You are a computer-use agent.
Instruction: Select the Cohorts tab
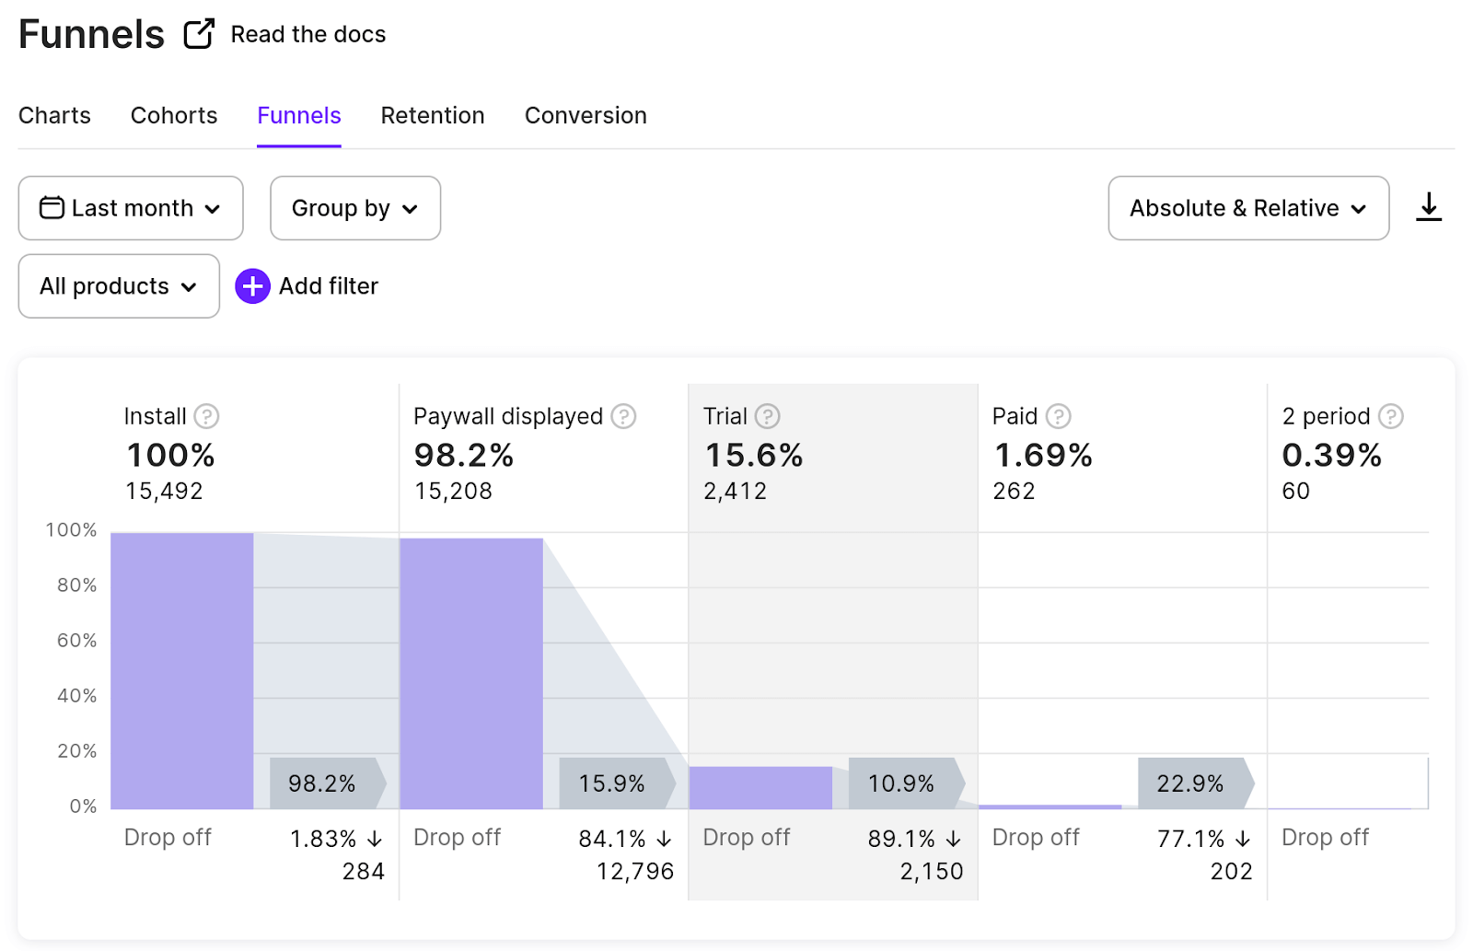click(x=174, y=116)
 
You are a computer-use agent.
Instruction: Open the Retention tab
click(x=432, y=116)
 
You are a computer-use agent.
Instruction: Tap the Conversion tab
click(x=586, y=116)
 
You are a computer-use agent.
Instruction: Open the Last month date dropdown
click(x=131, y=208)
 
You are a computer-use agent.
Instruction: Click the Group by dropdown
click(x=355, y=208)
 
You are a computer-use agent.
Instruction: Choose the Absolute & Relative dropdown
click(x=1248, y=208)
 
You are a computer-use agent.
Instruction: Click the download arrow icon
click(x=1428, y=207)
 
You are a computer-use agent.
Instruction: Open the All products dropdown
click(x=119, y=286)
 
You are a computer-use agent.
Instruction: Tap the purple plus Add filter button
click(x=252, y=286)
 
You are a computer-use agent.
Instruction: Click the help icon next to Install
click(x=206, y=416)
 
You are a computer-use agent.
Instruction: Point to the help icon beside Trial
click(x=768, y=416)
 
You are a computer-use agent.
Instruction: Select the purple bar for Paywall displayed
click(x=471, y=674)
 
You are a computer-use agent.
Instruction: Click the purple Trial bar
click(x=760, y=788)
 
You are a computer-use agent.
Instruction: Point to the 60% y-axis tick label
click(x=76, y=640)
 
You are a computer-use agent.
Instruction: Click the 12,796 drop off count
click(x=635, y=872)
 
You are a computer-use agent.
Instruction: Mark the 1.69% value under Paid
click(x=1042, y=455)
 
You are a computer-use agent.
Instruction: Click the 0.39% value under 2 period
click(x=1331, y=455)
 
